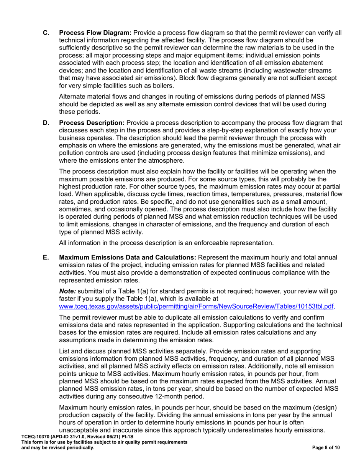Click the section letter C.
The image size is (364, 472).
pyautogui.click(x=46, y=33)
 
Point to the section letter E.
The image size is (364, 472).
pyautogui.click(x=46, y=257)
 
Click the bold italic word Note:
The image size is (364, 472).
pyautogui.click(x=67, y=293)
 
